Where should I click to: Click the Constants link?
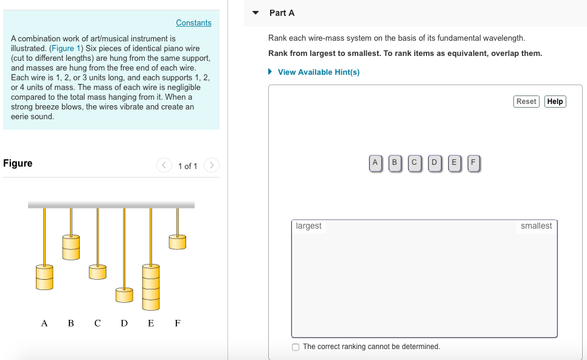193,23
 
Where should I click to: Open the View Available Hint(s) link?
318,72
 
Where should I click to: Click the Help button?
555,102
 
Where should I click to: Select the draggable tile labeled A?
375,162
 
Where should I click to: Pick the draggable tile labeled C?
414,162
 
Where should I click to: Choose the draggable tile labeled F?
473,162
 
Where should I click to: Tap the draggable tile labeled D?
434,162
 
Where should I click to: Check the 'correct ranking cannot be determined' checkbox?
296,347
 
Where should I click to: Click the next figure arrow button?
211,165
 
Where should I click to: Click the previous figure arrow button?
164,165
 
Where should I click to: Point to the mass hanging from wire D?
124,295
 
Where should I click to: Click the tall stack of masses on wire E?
150,286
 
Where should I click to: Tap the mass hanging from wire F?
177,242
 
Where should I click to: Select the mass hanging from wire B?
71,246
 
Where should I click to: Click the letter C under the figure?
97,323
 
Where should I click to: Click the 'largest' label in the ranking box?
308,226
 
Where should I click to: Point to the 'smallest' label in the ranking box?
536,226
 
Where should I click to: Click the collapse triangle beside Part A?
255,13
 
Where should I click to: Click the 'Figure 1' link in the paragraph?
62,49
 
